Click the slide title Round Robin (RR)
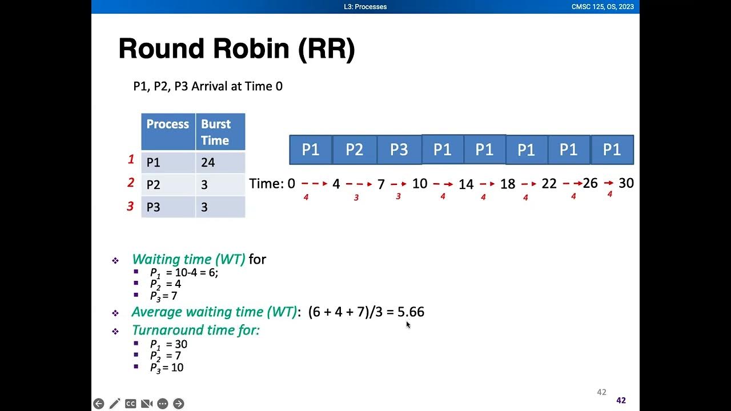point(236,49)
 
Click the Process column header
point(168,124)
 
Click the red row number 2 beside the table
point(131,183)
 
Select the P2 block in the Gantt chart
point(354,150)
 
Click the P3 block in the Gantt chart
point(399,150)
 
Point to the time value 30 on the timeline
point(626,183)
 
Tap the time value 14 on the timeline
point(466,184)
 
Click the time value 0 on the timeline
point(291,184)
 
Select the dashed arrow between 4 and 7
point(358,184)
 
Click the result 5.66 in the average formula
point(411,312)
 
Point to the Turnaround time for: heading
point(195,330)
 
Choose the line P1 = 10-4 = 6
point(184,272)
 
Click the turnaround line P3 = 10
point(167,368)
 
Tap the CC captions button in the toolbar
point(131,404)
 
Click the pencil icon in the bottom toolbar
point(115,404)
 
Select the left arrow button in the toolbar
point(99,404)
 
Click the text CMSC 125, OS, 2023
point(603,7)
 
